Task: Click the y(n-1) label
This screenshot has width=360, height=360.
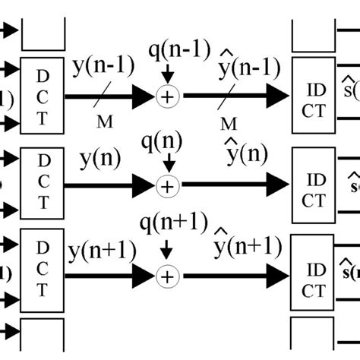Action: (104, 71)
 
